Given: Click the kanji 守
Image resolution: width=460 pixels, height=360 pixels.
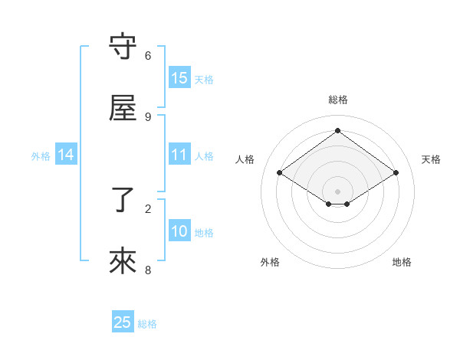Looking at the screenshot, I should (123, 47).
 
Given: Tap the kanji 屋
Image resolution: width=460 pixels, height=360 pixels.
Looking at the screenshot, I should (123, 108).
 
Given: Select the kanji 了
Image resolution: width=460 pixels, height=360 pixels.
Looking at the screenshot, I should (123, 200).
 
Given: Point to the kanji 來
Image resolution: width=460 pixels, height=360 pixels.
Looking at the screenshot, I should (123, 261).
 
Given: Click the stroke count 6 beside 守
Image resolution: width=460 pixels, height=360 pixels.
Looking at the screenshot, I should (148, 56).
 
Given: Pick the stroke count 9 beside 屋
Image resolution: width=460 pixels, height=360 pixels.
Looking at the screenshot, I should (148, 116).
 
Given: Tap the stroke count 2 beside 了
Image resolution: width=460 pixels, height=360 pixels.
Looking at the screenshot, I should (148, 208).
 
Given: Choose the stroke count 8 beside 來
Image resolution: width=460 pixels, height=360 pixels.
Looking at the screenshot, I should (148, 270).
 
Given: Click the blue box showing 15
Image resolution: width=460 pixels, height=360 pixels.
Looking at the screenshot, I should (179, 78).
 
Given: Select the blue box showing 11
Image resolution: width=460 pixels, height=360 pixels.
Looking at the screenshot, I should (179, 155).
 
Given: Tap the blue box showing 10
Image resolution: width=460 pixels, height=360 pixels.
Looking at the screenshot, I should (179, 231).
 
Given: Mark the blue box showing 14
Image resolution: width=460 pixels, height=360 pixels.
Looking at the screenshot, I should (66, 155).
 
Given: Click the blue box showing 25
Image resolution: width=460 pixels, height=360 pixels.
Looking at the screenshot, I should (123, 322).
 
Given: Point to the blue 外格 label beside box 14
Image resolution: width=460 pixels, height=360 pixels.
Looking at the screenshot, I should (41, 156).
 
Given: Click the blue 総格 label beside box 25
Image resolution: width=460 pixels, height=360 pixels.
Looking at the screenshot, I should (147, 324).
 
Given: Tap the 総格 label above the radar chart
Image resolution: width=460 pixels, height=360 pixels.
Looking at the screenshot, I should (338, 100).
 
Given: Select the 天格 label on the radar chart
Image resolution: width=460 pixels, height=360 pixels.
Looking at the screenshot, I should (431, 159).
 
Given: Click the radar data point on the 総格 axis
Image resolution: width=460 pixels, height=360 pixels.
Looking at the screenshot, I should (338, 130).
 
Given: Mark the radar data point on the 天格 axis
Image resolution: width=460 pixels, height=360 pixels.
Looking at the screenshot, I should (396, 173).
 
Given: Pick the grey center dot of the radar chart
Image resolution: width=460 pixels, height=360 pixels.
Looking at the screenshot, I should (338, 191).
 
